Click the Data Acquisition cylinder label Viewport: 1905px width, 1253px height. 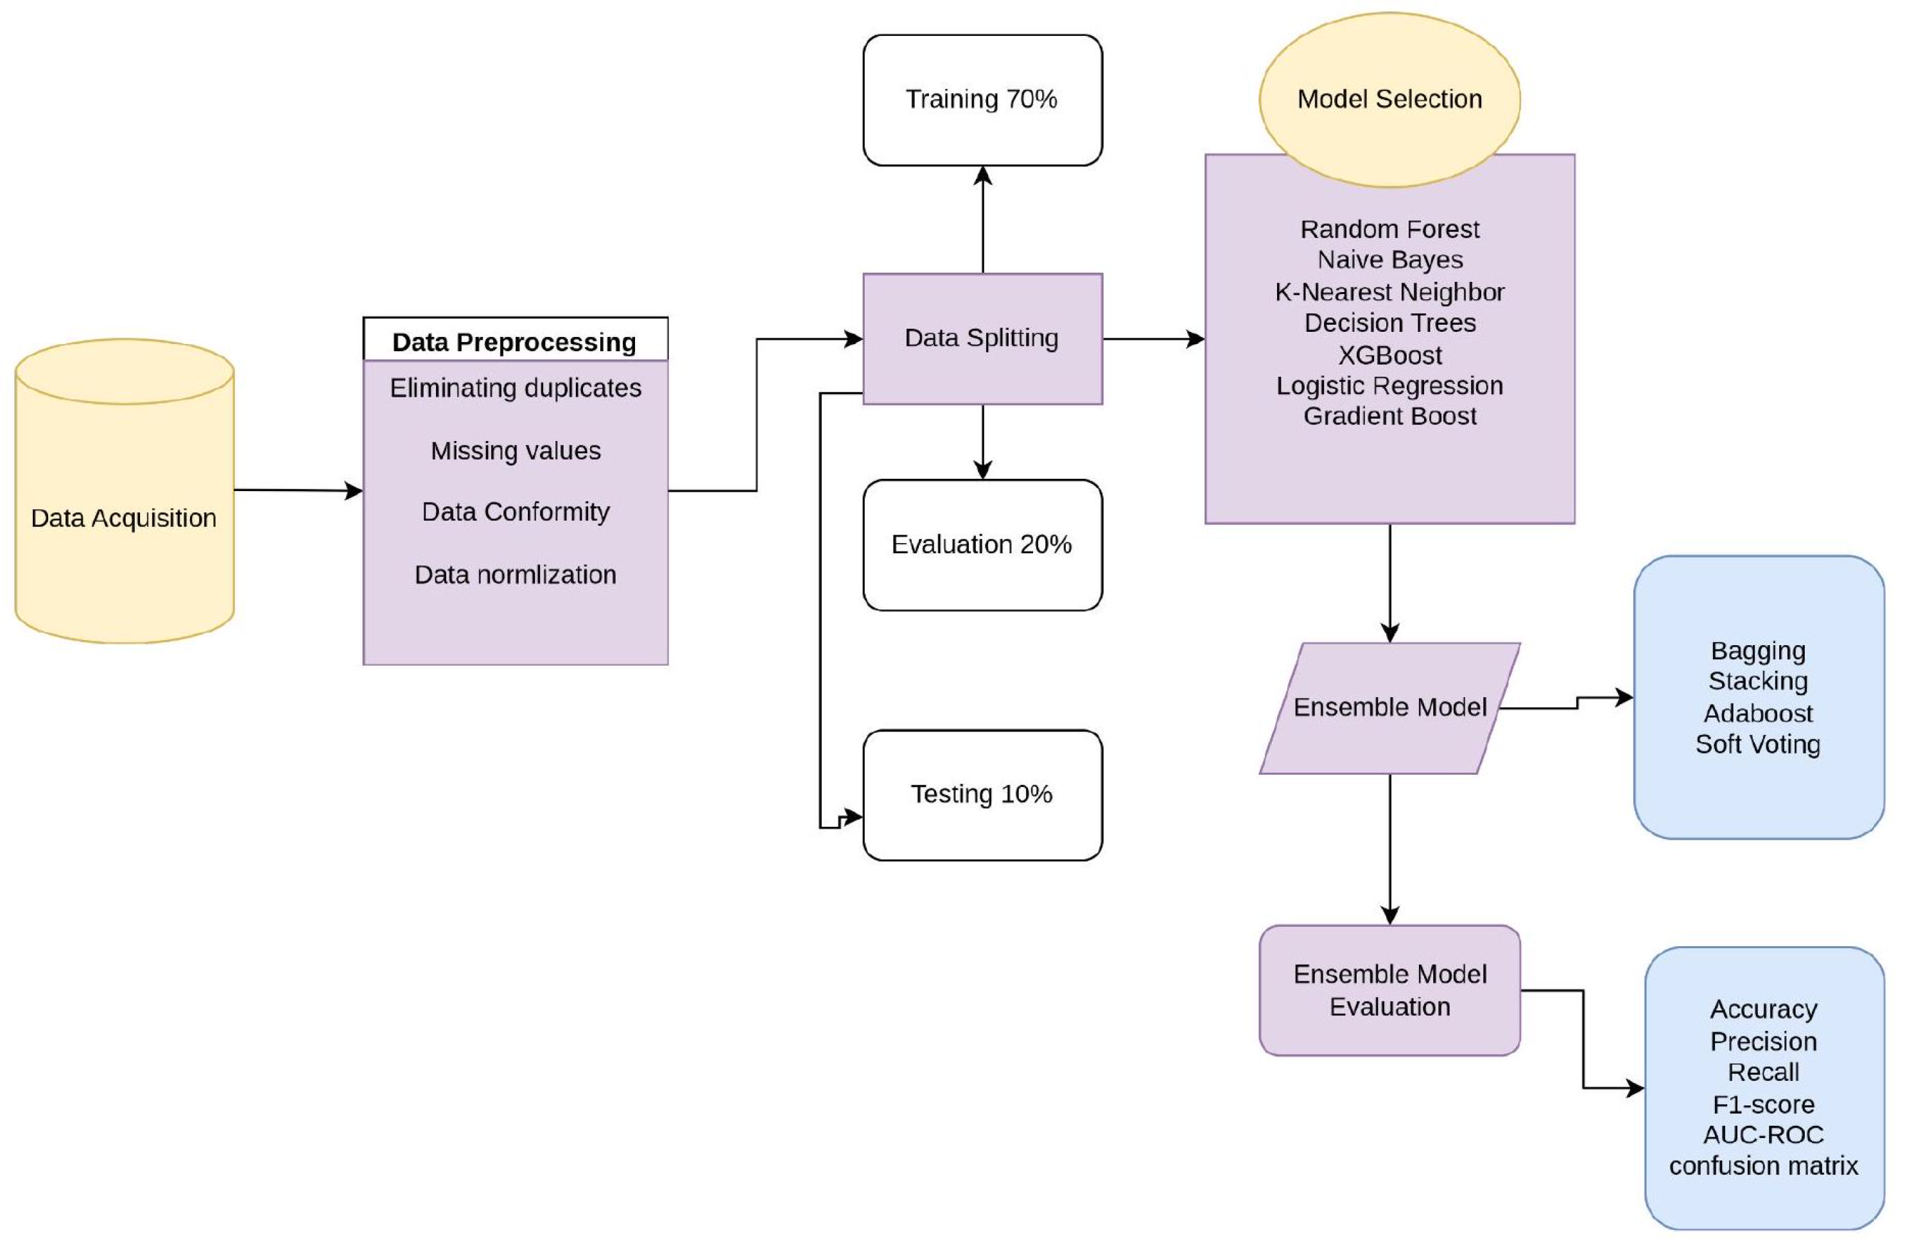[123, 519]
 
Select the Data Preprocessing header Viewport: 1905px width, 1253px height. [515, 341]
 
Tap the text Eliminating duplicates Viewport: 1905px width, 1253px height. [516, 388]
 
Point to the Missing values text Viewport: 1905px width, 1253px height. [516, 451]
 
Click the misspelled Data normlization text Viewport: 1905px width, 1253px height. [516, 575]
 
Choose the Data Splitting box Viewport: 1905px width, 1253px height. [982, 338]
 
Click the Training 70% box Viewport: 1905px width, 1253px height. [982, 99]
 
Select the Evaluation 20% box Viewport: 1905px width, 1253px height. [982, 545]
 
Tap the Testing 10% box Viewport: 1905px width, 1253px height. [982, 795]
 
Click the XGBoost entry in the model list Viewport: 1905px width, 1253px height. [1389, 354]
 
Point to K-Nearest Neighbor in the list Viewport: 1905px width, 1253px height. [1389, 292]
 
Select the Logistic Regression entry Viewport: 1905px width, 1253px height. [1389, 386]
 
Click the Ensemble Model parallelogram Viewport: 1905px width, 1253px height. [1389, 708]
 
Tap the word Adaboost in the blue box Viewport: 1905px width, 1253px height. [1758, 713]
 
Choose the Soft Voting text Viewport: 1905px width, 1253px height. [1758, 744]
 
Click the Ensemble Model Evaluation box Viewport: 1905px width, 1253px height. [1389, 990]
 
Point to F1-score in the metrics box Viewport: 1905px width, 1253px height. [1763, 1104]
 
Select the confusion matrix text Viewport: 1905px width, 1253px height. [1763, 1166]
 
